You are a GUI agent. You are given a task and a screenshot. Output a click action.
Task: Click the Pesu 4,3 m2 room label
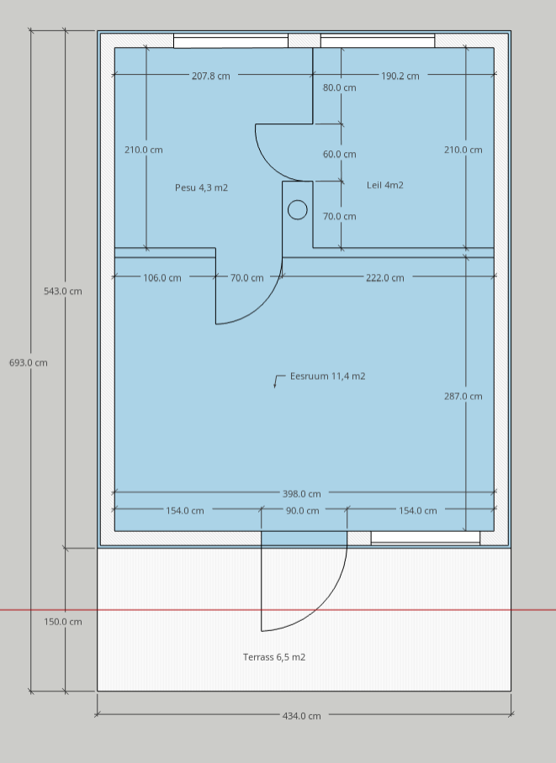point(201,188)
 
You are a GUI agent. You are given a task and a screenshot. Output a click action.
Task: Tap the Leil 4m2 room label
point(385,185)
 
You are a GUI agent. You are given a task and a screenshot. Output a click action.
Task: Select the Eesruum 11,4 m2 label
point(327,376)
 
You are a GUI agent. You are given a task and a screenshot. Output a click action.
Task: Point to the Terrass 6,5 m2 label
point(274,657)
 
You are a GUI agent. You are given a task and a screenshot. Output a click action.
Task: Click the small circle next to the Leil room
point(298,210)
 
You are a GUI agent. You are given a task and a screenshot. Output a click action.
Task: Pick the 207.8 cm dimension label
point(210,76)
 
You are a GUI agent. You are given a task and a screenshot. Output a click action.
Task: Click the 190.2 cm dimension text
point(400,76)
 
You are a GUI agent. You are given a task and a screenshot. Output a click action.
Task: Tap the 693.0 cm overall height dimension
point(29,362)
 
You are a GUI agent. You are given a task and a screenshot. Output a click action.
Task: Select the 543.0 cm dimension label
point(63,291)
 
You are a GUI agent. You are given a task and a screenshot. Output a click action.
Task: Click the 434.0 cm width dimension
point(302,716)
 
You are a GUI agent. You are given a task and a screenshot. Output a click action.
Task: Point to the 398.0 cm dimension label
point(302,494)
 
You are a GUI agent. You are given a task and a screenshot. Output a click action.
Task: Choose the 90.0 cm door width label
point(302,511)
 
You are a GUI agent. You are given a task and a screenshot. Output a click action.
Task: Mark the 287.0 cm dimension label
point(463,396)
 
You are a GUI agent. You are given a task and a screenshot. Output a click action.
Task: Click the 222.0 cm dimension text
point(385,278)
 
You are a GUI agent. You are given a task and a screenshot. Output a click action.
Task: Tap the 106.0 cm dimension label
point(162,278)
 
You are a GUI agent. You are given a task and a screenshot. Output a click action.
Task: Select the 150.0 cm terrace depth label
point(63,621)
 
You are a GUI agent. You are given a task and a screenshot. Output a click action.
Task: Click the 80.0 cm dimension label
point(339,87)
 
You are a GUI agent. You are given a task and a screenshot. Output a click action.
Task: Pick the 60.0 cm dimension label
point(339,155)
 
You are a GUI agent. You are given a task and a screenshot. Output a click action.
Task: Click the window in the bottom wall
point(426,538)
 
